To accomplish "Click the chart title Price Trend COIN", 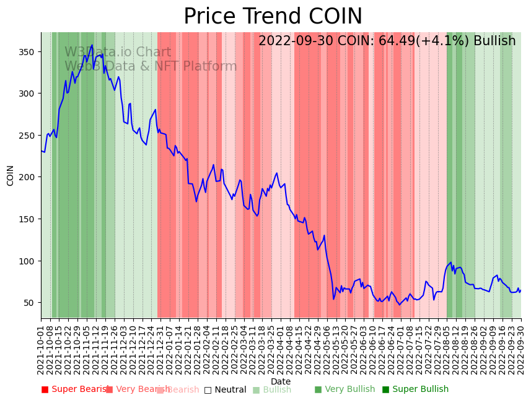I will (273, 17).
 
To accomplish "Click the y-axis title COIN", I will (11, 175).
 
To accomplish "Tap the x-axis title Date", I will (281, 381).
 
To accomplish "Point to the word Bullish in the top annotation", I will (494, 41).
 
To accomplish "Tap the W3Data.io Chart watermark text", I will (118, 53).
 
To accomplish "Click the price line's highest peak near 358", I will (92, 45).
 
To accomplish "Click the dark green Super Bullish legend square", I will (386, 390).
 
